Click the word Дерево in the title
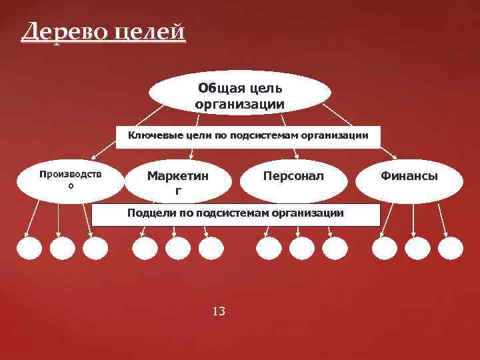click(x=59, y=32)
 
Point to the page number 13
click(x=218, y=311)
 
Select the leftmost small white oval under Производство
click(x=29, y=249)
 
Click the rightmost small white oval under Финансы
click(x=451, y=249)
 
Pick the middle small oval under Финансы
click(x=418, y=249)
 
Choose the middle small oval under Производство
click(x=62, y=249)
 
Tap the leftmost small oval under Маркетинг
click(x=145, y=249)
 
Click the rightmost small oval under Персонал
click(x=335, y=249)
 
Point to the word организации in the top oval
click(x=239, y=104)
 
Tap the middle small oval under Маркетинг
click(x=178, y=249)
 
